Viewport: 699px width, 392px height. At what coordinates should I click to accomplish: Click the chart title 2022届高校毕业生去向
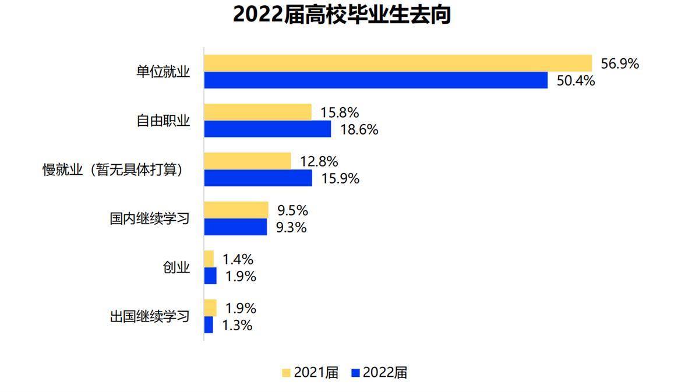tap(342, 15)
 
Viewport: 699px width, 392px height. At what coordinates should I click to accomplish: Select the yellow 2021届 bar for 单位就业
tap(398, 63)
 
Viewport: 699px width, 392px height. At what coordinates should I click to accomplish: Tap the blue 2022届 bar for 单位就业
tap(376, 80)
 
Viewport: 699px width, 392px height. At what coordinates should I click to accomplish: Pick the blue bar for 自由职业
tap(267, 129)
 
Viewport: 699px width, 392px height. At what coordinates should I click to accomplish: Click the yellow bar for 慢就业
tap(247, 161)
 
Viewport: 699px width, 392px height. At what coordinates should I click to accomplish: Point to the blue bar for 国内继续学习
tap(235, 227)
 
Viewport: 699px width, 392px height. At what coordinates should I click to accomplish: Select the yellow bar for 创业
tap(209, 259)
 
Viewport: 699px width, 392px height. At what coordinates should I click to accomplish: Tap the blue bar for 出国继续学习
tap(209, 325)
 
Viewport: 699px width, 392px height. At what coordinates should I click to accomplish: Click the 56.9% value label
tap(620, 63)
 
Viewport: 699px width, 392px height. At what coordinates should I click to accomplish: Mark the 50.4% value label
tap(576, 81)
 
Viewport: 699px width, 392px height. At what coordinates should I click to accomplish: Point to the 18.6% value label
tap(359, 130)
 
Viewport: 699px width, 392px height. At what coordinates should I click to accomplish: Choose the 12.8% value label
tap(319, 161)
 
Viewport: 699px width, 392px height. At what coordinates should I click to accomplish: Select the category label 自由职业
tap(163, 121)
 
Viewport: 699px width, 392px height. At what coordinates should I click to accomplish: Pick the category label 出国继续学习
tap(150, 317)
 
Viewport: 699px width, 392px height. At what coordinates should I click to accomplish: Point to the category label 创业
tap(176, 268)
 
